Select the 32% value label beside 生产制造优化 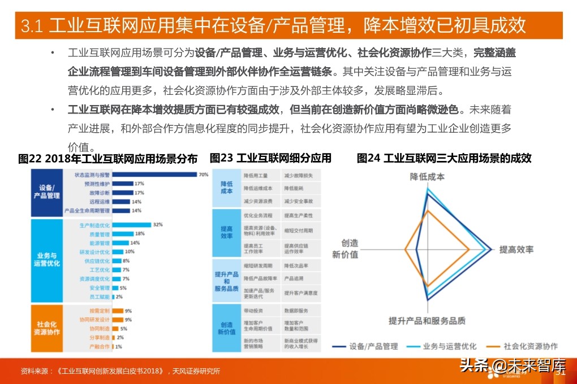click(x=158, y=225)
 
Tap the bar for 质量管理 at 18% click(x=122, y=234)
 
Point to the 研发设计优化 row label click(x=94, y=252)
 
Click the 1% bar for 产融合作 click(x=113, y=347)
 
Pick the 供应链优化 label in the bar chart click(x=97, y=261)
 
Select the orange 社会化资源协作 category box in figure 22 click(x=47, y=329)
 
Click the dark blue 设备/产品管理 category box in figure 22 click(x=47, y=191)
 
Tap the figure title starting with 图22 click(x=108, y=159)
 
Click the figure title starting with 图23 click(x=270, y=159)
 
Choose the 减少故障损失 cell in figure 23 click(x=299, y=176)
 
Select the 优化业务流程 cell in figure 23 click(x=258, y=216)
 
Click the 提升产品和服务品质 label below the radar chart click(x=427, y=321)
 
